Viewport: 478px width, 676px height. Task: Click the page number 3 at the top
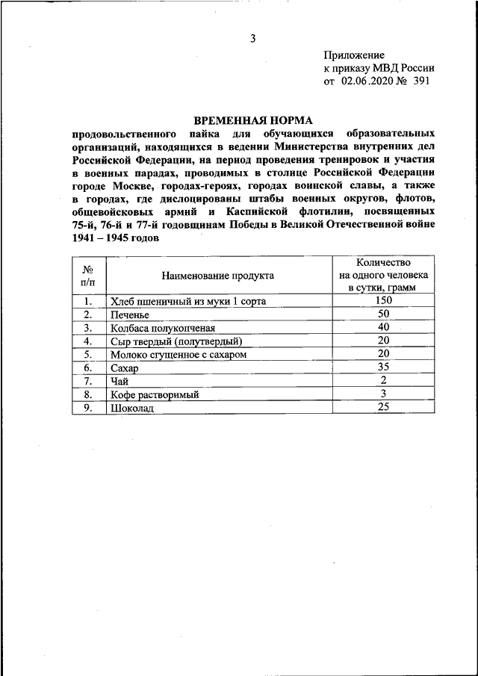[253, 38]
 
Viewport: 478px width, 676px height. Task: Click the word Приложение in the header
[355, 55]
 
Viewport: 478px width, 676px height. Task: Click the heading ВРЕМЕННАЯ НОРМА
[253, 120]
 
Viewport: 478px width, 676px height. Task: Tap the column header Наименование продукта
[217, 275]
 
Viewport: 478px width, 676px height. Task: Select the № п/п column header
[88, 275]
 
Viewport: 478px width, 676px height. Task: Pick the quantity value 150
[384, 300]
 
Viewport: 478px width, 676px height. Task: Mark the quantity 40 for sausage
[384, 327]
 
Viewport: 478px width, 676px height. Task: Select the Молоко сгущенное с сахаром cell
[178, 355]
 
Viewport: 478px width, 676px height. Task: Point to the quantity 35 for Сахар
[384, 367]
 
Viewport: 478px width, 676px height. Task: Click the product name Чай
[119, 382]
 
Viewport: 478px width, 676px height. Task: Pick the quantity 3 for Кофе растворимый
[384, 394]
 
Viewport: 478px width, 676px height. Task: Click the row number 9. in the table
[88, 408]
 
